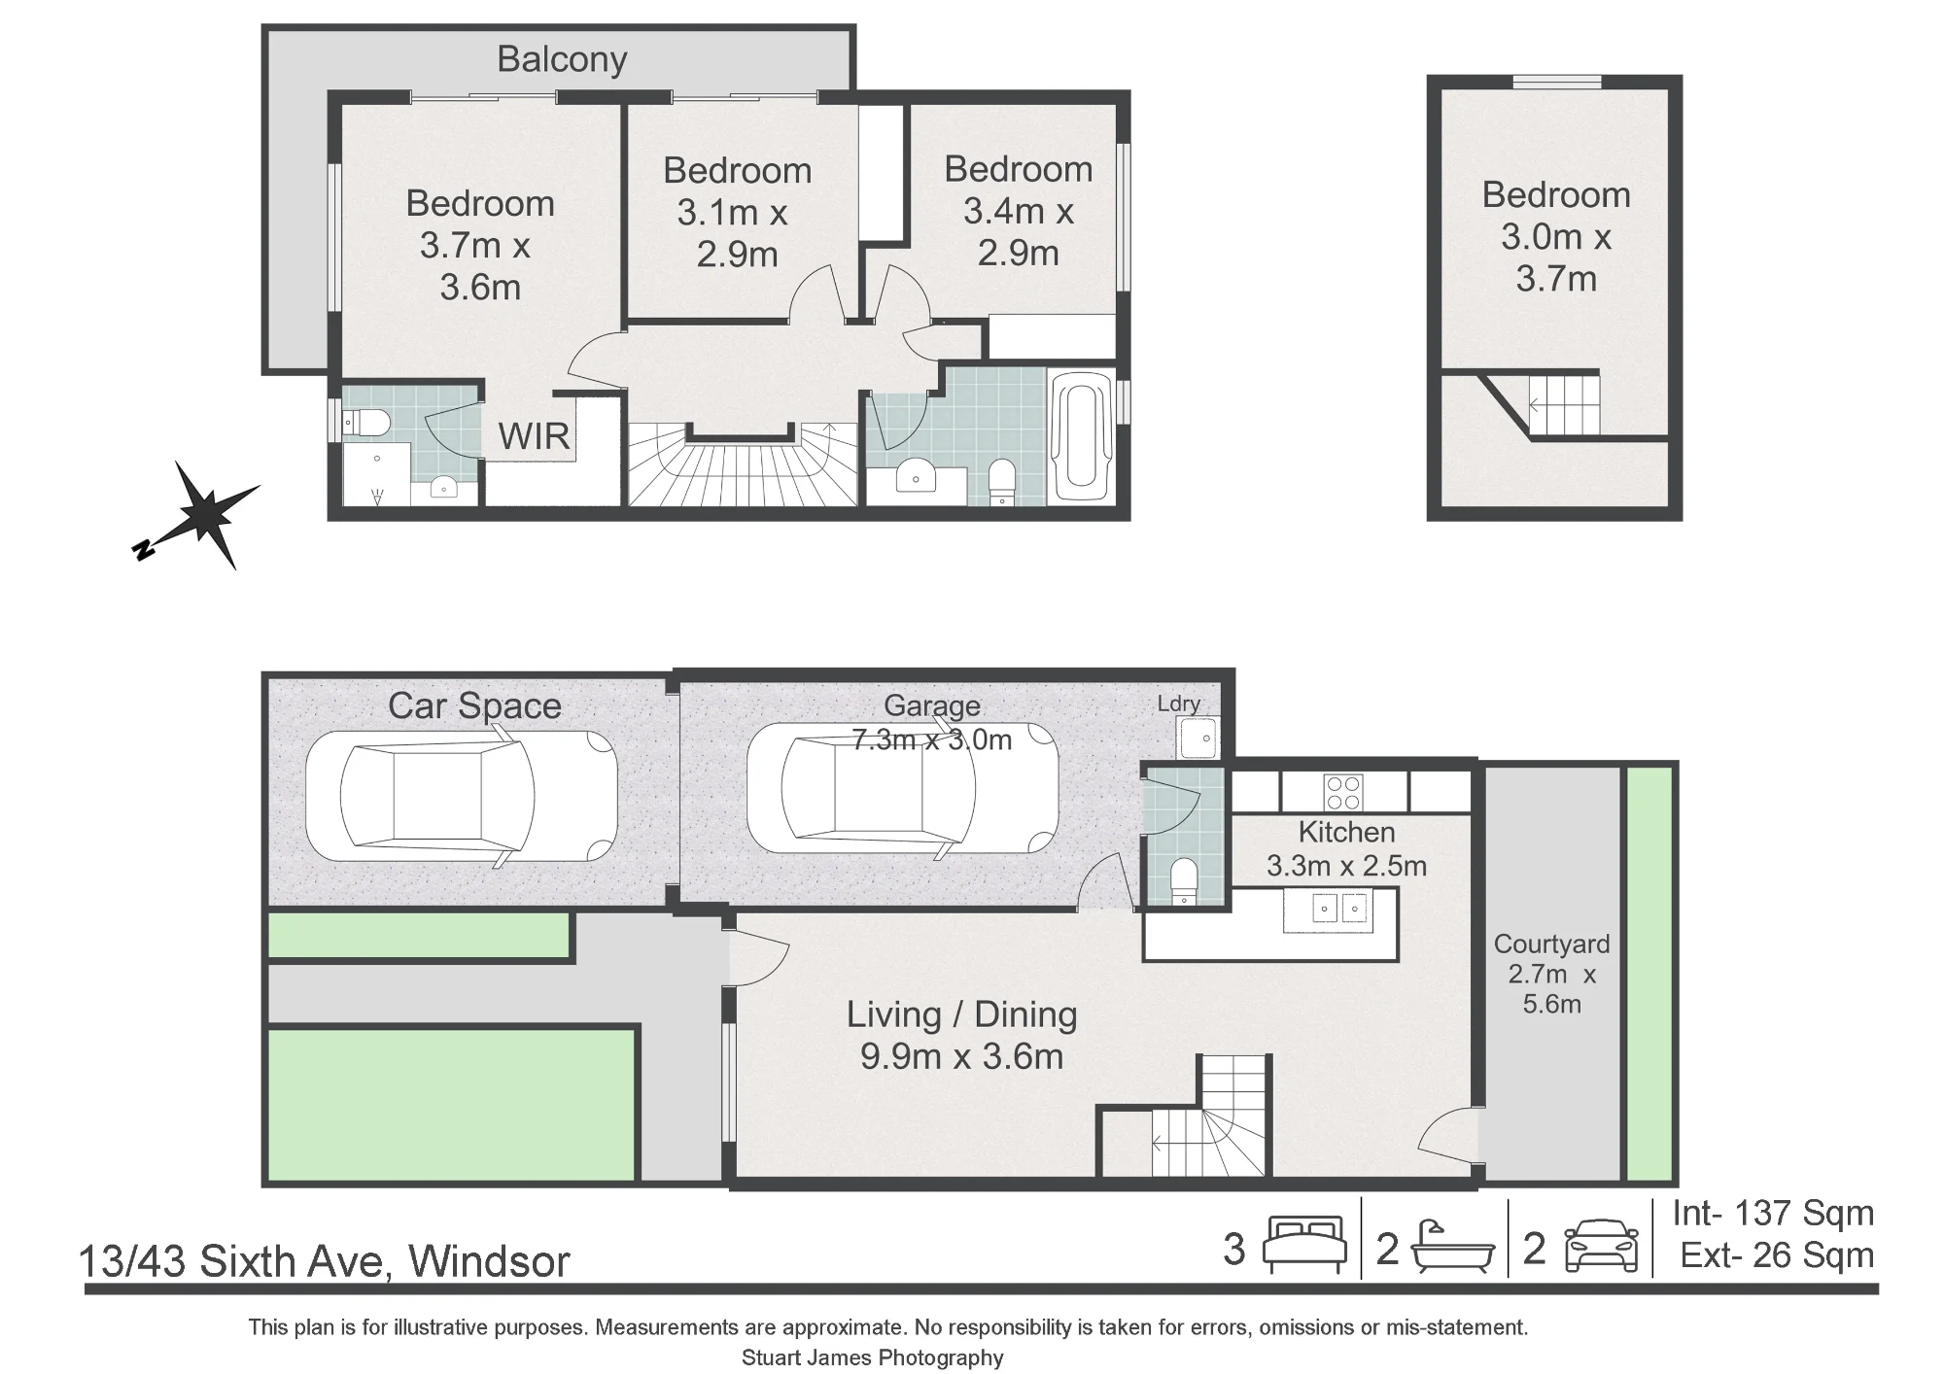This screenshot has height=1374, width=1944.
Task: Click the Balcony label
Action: click(x=562, y=60)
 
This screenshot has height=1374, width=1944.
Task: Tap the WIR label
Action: click(x=534, y=437)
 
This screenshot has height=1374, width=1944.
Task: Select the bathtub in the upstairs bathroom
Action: click(x=1082, y=438)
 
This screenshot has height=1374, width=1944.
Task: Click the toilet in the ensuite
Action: click(x=368, y=423)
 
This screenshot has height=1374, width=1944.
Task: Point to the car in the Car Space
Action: click(x=461, y=795)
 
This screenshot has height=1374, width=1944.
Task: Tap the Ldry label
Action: click(x=1179, y=704)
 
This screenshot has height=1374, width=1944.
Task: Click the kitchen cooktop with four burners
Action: click(x=1343, y=791)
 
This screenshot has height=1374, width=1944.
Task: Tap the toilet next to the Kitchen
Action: click(x=1185, y=881)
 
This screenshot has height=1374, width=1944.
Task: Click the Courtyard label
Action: click(x=1551, y=944)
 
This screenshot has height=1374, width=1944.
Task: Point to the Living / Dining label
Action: click(x=961, y=1014)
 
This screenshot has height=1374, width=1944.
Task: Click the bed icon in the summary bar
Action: click(x=1304, y=1246)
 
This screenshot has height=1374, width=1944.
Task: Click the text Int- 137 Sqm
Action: click(x=1773, y=1213)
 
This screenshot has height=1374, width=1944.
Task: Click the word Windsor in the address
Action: click(x=489, y=1261)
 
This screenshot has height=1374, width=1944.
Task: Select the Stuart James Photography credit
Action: click(x=873, y=1357)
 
